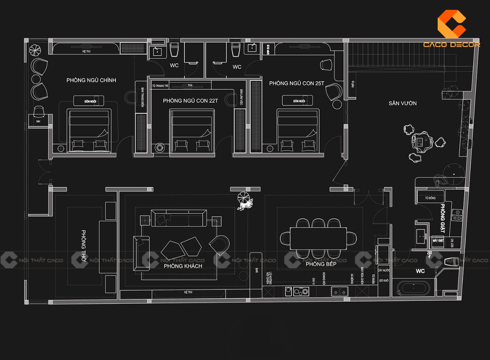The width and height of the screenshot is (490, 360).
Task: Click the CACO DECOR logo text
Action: point(451,44)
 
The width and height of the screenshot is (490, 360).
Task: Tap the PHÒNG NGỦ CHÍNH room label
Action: point(91,80)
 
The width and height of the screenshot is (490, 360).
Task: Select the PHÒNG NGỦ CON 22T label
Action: point(190,101)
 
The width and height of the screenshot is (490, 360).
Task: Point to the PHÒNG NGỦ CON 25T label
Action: point(296,83)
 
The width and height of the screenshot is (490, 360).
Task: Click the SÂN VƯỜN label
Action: point(402,103)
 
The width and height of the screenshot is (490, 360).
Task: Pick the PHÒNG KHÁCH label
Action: point(183,266)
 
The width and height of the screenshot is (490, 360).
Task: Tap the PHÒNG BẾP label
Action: point(321,264)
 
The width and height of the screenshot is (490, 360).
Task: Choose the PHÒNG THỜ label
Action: point(84,245)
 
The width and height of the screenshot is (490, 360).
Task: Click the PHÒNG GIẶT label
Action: point(442,218)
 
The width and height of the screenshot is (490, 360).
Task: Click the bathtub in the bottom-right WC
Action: point(413,288)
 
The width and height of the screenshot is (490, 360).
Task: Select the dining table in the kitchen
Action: point(318,238)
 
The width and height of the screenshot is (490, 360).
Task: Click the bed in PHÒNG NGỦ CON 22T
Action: point(192,131)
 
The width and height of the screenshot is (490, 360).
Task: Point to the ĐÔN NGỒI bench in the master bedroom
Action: point(89,101)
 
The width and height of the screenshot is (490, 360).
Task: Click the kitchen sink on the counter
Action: point(339,291)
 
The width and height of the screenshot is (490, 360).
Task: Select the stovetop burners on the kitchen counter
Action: point(301,291)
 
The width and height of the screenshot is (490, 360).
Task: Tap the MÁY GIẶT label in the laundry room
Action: point(437,241)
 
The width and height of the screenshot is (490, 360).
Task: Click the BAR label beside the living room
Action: point(257,270)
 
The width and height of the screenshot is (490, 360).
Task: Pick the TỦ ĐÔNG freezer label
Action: point(430,198)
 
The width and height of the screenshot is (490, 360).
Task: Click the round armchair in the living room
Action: point(220,244)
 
